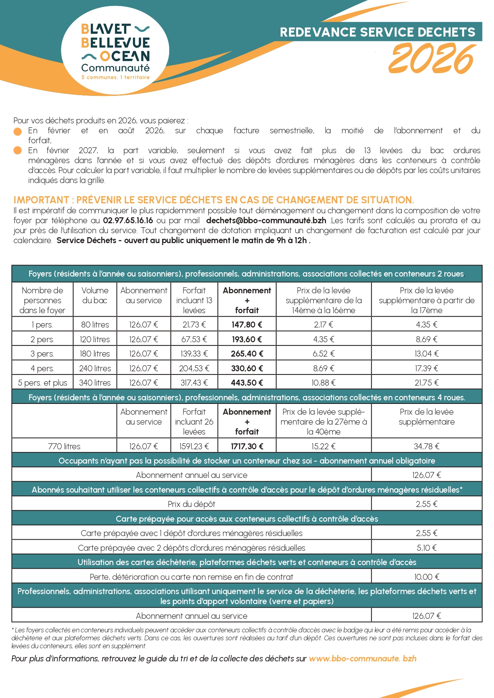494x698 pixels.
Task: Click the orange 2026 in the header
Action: point(431,59)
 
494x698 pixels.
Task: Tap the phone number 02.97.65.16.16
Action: point(128,220)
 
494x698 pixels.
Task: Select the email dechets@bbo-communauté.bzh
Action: point(266,220)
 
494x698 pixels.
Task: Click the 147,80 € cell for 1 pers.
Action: point(247,325)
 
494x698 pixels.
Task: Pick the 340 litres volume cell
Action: point(95,383)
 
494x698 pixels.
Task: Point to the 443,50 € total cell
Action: point(247,383)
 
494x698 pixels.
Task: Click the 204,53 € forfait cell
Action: point(194,368)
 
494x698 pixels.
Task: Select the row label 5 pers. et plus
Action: point(43,383)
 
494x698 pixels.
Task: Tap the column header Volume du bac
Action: point(95,295)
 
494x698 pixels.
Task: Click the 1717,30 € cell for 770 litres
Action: point(247,446)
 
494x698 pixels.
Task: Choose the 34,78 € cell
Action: point(426,446)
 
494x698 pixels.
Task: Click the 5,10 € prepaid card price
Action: point(426,548)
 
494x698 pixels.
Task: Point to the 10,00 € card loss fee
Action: point(426,577)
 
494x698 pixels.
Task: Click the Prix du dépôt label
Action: point(191,504)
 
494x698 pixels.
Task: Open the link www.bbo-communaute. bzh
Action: point(363,659)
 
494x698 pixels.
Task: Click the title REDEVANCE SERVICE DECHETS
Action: point(377,32)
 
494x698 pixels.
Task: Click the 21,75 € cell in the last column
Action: point(426,383)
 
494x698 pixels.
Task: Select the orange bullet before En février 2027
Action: point(18,150)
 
